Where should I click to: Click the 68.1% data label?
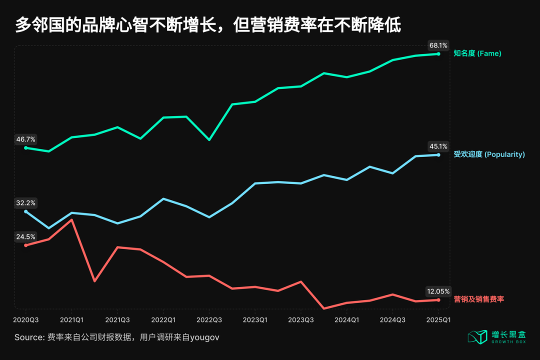(438, 45)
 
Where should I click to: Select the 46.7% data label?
(26, 139)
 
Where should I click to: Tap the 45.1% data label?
(438, 146)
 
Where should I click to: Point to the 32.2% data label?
(26, 203)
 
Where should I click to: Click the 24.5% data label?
(26, 237)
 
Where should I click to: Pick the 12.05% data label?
(438, 291)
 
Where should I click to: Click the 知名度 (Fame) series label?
(477, 53)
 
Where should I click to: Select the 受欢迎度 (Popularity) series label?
(489, 154)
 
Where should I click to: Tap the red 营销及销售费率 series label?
(478, 299)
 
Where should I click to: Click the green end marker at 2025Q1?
(438, 53)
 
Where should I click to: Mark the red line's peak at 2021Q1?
(72, 219)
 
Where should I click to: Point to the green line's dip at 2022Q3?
(209, 139)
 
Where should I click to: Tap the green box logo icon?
(477, 337)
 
